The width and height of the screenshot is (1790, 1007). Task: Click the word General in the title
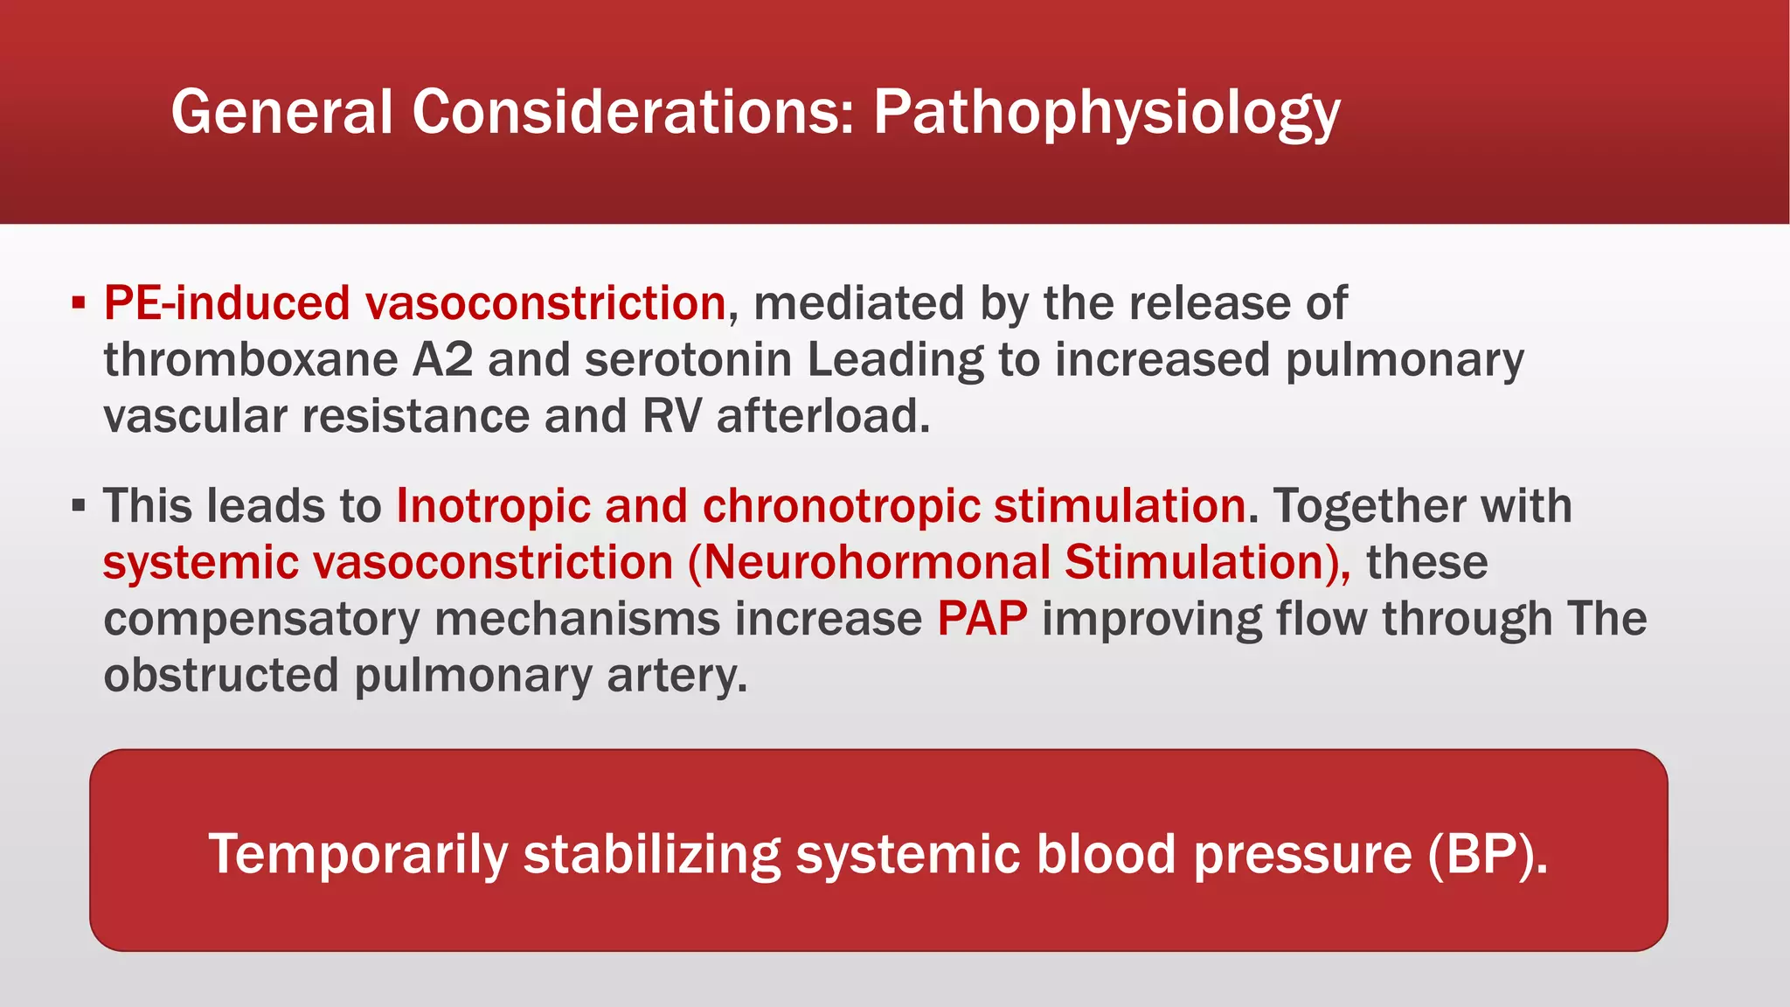tap(281, 112)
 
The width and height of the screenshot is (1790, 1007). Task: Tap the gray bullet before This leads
tap(79, 506)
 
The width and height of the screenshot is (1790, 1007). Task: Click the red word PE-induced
tap(226, 303)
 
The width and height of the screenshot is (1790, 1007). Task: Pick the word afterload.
tap(822, 416)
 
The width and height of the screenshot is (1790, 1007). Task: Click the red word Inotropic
tap(492, 506)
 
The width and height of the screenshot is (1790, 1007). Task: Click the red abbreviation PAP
tap(982, 619)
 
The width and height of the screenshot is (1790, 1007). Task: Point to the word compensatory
tap(261, 620)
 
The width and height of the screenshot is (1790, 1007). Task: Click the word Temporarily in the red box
tap(357, 854)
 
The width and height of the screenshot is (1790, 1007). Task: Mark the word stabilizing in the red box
tap(652, 854)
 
